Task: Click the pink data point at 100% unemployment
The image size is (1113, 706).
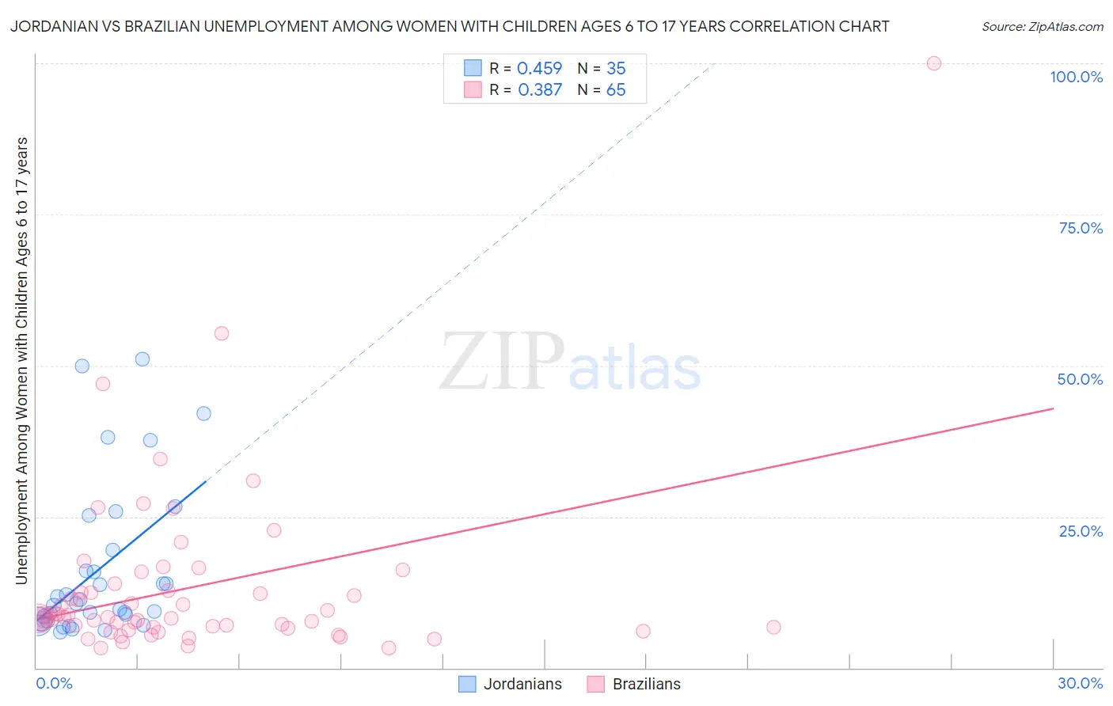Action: pos(934,63)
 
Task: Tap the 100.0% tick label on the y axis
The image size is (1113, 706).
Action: pos(1076,77)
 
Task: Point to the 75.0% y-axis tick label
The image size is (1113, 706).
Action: pos(1081,228)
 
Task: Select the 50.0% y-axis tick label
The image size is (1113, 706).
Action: pos(1080,379)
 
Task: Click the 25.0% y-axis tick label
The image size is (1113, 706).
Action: pos(1081,530)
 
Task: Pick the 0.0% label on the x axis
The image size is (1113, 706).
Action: pos(54,683)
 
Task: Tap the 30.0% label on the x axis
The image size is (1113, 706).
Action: pos(1080,683)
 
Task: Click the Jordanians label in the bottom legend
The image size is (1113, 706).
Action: pos(522,684)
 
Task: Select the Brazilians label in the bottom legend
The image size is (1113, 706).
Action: pos(646,684)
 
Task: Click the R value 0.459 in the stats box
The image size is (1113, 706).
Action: pos(539,69)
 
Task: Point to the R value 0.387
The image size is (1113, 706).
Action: pos(539,90)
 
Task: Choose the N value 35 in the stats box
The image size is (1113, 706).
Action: pos(616,69)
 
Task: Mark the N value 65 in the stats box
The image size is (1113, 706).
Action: pos(616,90)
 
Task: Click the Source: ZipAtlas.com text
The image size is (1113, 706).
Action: pos(1042,27)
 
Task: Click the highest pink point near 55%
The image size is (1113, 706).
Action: pos(222,333)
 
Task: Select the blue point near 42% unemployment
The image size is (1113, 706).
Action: pos(203,413)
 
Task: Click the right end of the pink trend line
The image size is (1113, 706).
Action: pos(1053,408)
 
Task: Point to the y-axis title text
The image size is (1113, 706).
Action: pos(21,361)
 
